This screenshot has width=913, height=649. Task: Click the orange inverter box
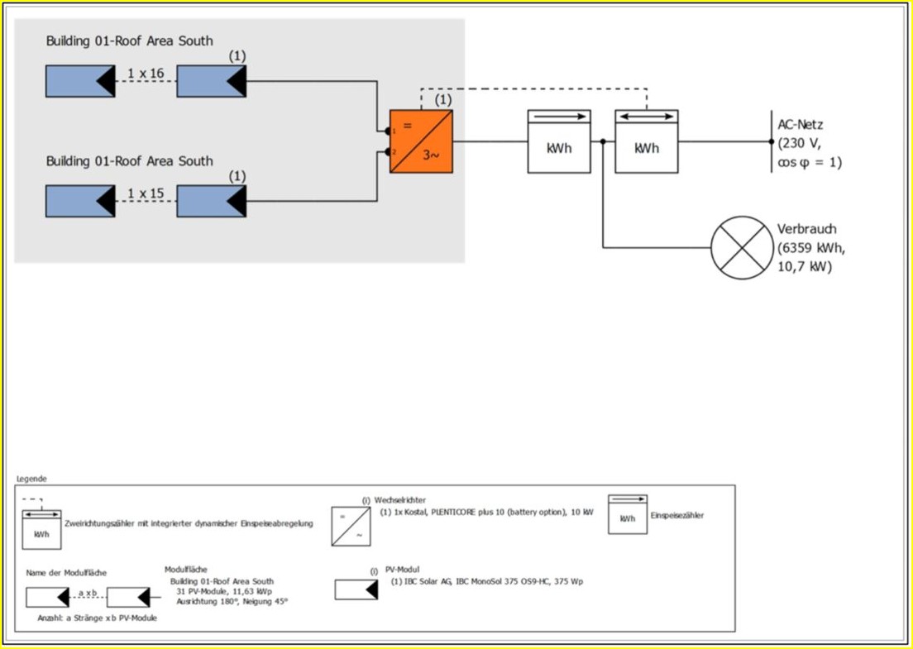pyautogui.click(x=421, y=141)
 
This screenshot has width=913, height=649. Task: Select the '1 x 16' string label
pyautogui.click(x=146, y=74)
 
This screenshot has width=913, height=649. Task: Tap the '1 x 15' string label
pyautogui.click(x=146, y=194)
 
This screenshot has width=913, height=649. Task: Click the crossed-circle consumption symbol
pyautogui.click(x=742, y=247)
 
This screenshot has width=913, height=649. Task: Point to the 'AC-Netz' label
pyautogui.click(x=801, y=125)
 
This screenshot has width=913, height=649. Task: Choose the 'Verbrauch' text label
pyautogui.click(x=806, y=229)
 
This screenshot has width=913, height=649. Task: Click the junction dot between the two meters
pyautogui.click(x=603, y=141)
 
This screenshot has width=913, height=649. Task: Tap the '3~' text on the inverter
pyautogui.click(x=431, y=154)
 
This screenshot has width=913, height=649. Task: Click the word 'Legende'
pyautogui.click(x=31, y=479)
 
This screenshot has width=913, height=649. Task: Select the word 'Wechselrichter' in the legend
pyautogui.click(x=401, y=500)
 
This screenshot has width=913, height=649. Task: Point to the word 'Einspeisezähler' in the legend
pyautogui.click(x=676, y=515)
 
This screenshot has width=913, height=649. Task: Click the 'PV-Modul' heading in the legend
pyautogui.click(x=403, y=570)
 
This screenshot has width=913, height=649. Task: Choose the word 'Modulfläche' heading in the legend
pyautogui.click(x=186, y=570)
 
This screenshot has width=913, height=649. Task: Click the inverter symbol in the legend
pyautogui.click(x=351, y=527)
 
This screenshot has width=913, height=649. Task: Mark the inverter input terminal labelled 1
pyautogui.click(x=387, y=131)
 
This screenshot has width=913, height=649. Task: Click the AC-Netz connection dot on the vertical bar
pyautogui.click(x=771, y=141)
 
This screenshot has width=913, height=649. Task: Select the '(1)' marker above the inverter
pyautogui.click(x=443, y=100)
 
